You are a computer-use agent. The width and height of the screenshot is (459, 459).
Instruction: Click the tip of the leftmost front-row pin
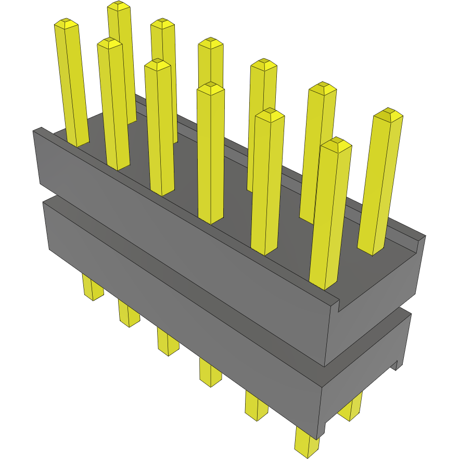tap(66, 24)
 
